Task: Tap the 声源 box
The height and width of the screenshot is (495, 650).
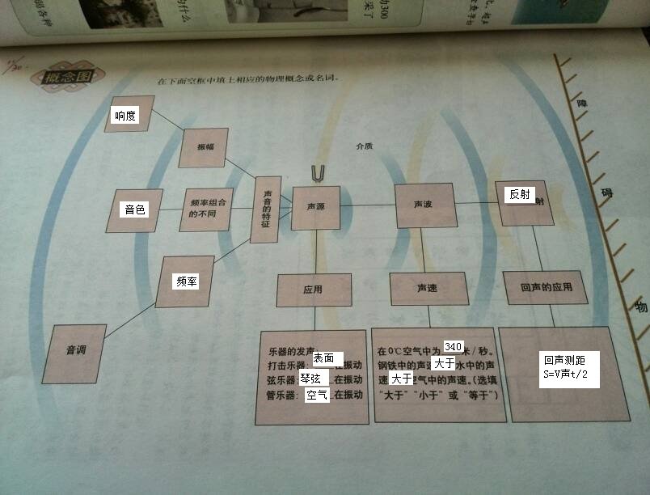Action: pyautogui.click(x=315, y=207)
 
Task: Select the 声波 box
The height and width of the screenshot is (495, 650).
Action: pyautogui.click(x=422, y=204)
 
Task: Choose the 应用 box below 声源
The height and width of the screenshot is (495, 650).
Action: pyautogui.click(x=313, y=290)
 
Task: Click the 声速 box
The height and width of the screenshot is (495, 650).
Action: pyautogui.click(x=428, y=288)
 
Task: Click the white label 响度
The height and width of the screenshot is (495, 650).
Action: pyautogui.click(x=125, y=116)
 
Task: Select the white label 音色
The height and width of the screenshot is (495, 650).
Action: pyautogui.click(x=134, y=209)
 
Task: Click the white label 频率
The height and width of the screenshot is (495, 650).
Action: pyautogui.click(x=186, y=281)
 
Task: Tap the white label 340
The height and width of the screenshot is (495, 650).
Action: pyautogui.click(x=454, y=347)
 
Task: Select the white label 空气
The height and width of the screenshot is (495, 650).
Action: pyautogui.click(x=317, y=396)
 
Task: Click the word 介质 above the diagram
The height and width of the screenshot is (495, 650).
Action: pyautogui.click(x=364, y=146)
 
